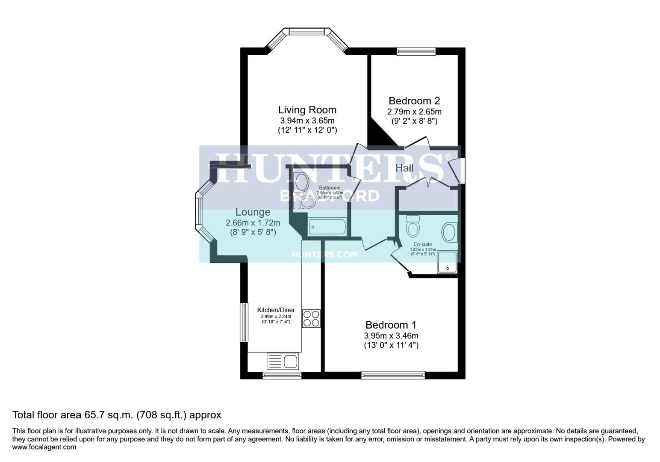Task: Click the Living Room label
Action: tap(307, 110)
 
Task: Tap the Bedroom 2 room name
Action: tap(414, 101)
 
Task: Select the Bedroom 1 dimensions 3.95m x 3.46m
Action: tap(391, 336)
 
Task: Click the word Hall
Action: tap(404, 168)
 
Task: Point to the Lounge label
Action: tap(253, 212)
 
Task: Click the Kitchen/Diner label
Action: tap(276, 310)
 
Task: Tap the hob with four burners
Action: tap(311, 318)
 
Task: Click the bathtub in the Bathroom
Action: tap(327, 227)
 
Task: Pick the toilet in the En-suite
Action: tap(412, 226)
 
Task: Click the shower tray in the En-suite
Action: tap(447, 262)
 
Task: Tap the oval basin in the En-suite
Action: tap(449, 232)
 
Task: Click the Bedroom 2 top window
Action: tap(415, 51)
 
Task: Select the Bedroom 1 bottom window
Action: tap(393, 375)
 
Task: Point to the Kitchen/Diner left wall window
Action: tap(244, 323)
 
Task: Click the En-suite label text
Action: tap(422, 245)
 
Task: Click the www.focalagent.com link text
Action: tap(44, 447)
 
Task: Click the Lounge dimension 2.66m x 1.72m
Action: tap(253, 223)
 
